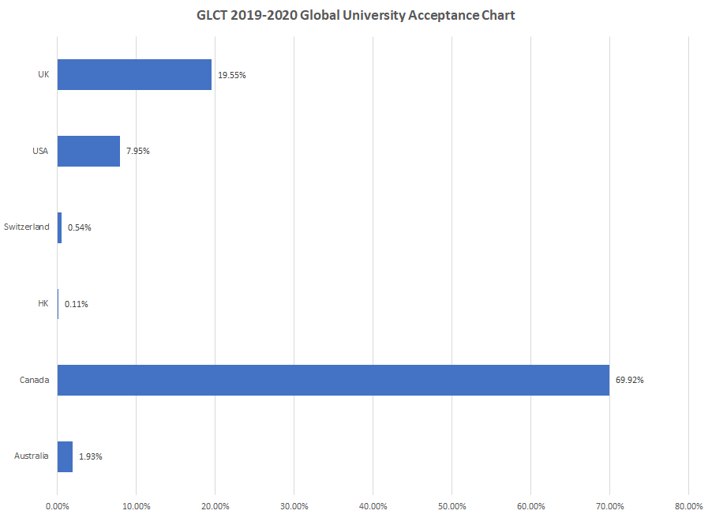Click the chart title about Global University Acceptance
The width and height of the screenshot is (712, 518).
[x=355, y=15]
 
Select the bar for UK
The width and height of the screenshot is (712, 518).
[x=134, y=75]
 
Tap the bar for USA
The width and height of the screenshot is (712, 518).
[x=88, y=151]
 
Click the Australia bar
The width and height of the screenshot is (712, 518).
[x=65, y=456]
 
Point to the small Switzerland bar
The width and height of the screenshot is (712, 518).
[x=59, y=227]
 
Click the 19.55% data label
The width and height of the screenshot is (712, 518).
[x=232, y=75]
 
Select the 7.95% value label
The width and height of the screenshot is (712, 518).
[x=138, y=151]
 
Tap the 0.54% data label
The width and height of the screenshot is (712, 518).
[x=79, y=227]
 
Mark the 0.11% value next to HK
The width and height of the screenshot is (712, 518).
[x=77, y=304]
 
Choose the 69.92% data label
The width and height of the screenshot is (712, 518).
[x=630, y=380]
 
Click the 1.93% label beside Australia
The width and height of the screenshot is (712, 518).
[x=91, y=456]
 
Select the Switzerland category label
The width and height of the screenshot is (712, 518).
[x=26, y=227]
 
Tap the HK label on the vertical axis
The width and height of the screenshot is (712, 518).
[x=43, y=303]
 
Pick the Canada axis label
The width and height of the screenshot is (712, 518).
[x=35, y=380]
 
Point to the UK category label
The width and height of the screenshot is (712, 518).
[x=43, y=74]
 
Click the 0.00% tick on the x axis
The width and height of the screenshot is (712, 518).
[x=58, y=505]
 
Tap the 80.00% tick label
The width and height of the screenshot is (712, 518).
[x=688, y=505]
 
